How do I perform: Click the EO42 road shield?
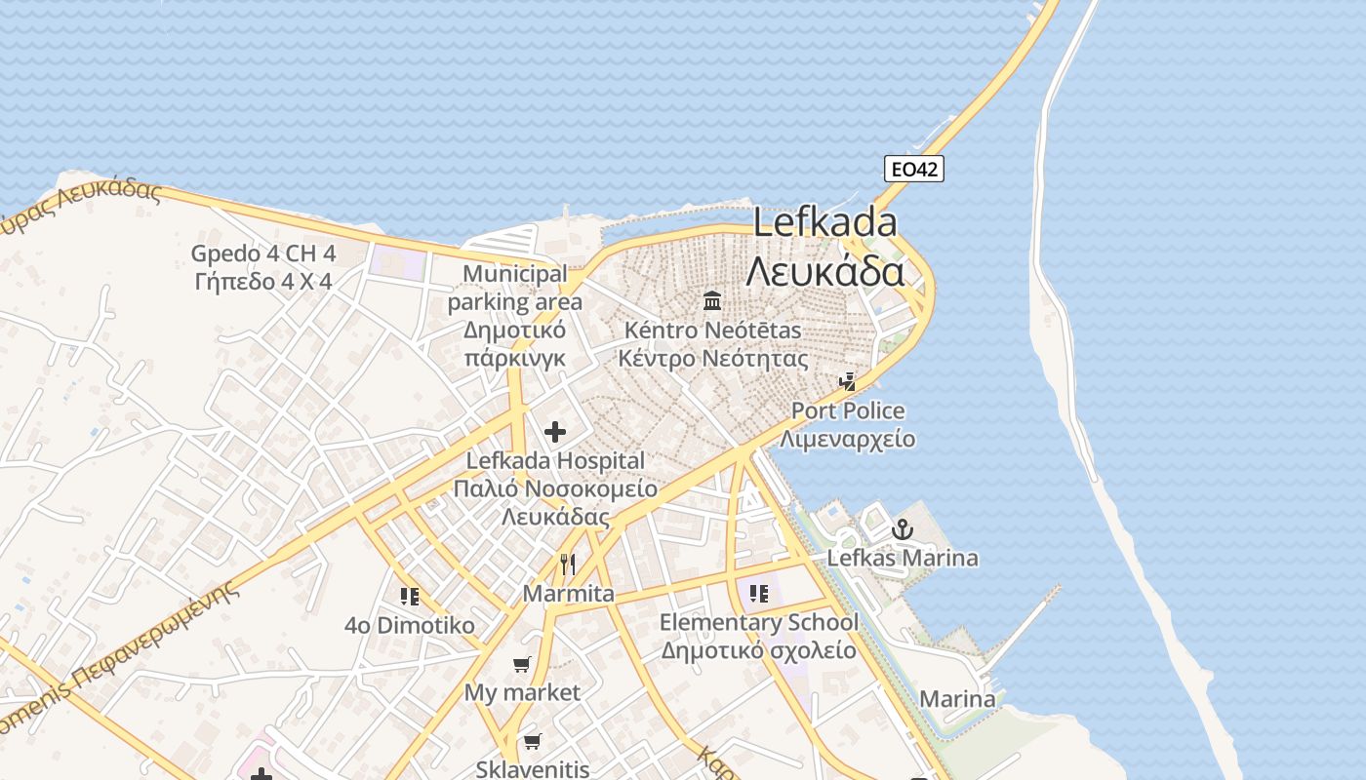[x=914, y=169]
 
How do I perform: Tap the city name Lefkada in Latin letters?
[x=824, y=223]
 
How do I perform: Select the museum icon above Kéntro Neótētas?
[x=712, y=299]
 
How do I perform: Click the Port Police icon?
[x=849, y=381]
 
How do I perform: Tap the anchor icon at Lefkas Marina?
[x=903, y=529]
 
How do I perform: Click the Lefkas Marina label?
[x=903, y=559]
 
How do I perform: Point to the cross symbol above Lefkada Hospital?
[x=555, y=431]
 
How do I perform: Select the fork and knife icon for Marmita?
[x=568, y=564]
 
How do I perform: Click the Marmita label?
[x=569, y=594]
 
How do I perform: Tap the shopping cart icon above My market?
[x=522, y=664]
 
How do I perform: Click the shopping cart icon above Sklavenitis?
[x=532, y=741]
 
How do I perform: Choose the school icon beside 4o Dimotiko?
[x=410, y=596]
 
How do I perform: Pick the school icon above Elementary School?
[x=759, y=593]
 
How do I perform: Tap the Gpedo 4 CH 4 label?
[x=263, y=253]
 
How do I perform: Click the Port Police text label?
[x=848, y=410]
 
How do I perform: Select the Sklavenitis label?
[x=533, y=769]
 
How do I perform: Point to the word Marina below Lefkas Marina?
[x=957, y=699]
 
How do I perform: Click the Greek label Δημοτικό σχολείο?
[x=758, y=650]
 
